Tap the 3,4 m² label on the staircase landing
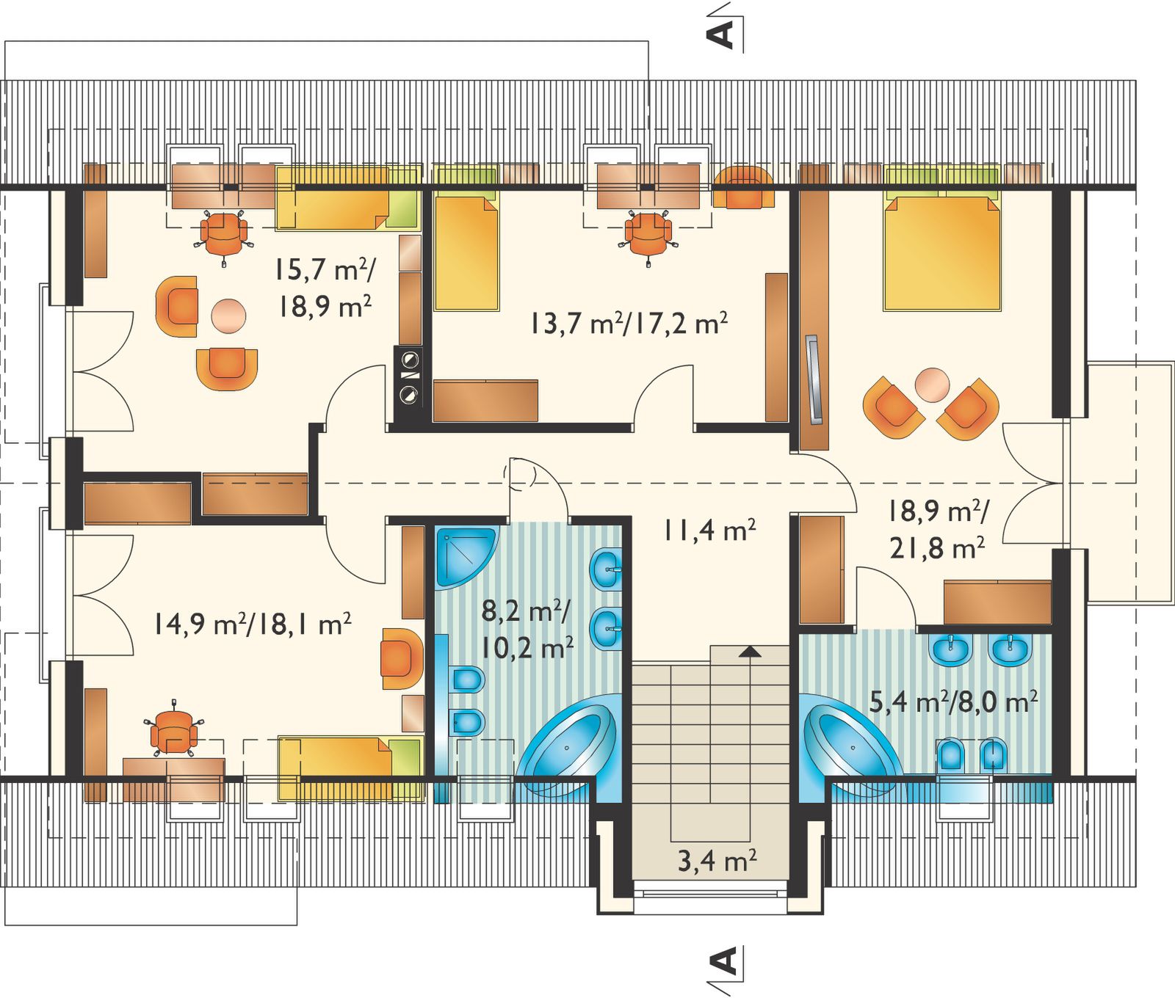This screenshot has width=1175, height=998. click(x=717, y=861)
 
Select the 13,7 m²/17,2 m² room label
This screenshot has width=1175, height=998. click(x=629, y=323)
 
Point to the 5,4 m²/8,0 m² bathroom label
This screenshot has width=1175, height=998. click(x=953, y=702)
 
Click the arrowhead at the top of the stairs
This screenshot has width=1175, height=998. click(x=748, y=650)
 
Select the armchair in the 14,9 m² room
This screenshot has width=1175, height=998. click(x=402, y=658)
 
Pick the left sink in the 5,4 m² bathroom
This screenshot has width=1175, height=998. click(x=953, y=647)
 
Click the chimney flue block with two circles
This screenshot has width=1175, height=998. click(x=409, y=377)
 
